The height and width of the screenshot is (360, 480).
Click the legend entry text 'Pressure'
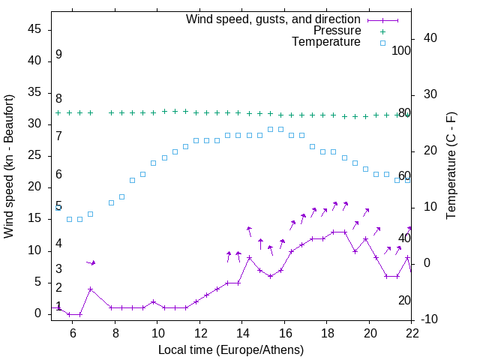[x=337, y=31]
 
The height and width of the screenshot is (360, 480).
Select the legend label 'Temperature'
[x=326, y=42]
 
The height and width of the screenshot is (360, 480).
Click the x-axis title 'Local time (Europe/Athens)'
[x=231, y=350]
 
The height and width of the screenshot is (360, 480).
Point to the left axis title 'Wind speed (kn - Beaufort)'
[x=10, y=166]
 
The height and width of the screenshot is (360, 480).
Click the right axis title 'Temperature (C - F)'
[x=451, y=166]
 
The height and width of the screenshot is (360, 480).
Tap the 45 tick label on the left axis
[x=34, y=29]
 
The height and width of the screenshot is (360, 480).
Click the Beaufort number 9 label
[x=58, y=55]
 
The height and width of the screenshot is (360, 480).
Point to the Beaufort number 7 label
[x=58, y=136]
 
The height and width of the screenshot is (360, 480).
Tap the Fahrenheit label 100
[x=401, y=51]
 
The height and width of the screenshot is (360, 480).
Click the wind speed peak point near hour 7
[x=90, y=289]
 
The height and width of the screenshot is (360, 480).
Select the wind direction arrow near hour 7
[x=91, y=262]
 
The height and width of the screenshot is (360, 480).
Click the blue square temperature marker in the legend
[x=382, y=43]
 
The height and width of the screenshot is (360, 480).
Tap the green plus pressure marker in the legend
[x=382, y=31]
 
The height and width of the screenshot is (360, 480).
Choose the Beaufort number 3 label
[x=58, y=269]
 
